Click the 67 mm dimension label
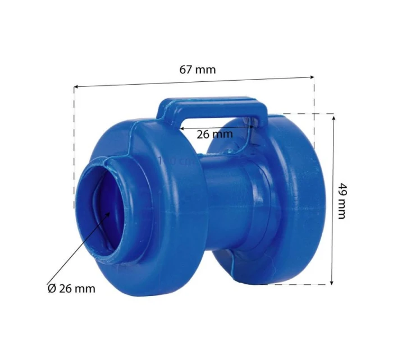(198, 70)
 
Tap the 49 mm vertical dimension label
(341, 201)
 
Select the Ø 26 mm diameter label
(71, 289)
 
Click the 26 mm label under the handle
(214, 135)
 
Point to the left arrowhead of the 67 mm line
(76, 87)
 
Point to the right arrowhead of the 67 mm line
(312, 77)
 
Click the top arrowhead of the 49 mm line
(333, 118)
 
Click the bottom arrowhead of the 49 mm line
(332, 283)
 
